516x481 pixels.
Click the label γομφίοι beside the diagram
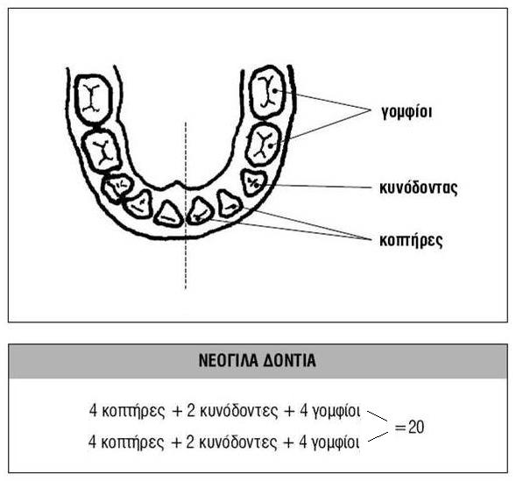(x=406, y=112)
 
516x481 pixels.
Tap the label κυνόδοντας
(x=418, y=187)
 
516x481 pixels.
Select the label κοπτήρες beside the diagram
(x=411, y=240)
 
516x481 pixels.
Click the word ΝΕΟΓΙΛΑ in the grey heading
(x=228, y=361)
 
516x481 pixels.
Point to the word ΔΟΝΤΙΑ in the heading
(x=290, y=361)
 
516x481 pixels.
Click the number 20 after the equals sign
(x=416, y=427)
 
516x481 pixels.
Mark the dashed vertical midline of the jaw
(x=186, y=206)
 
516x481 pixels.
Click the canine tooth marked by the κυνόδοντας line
(x=253, y=182)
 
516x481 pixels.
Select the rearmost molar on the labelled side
(x=267, y=92)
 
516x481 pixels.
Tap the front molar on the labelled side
(x=264, y=145)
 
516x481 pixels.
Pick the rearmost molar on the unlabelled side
(x=94, y=99)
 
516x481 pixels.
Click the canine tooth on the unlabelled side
(x=117, y=187)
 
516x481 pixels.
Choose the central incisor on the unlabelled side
(x=168, y=214)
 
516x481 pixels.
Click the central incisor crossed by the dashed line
(x=200, y=210)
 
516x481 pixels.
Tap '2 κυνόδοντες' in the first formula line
(x=232, y=411)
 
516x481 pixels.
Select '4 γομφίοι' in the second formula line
(x=329, y=442)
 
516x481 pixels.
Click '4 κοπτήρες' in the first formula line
(x=127, y=411)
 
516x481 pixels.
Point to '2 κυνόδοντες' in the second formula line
(x=231, y=442)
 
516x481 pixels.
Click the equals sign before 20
(x=400, y=428)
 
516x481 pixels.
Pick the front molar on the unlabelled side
(x=102, y=151)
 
